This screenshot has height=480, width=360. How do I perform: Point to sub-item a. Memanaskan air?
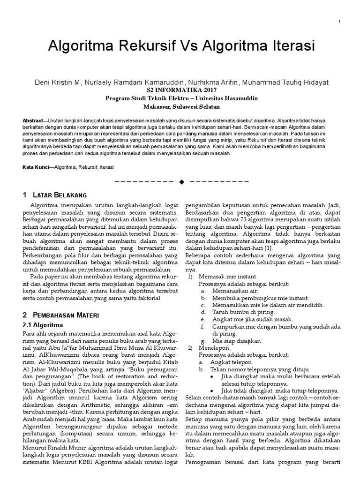tap(225, 291)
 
